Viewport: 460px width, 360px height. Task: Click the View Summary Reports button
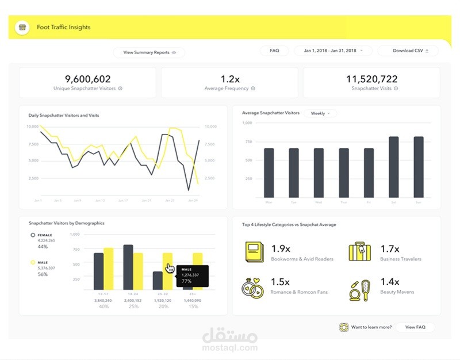[x=149, y=52]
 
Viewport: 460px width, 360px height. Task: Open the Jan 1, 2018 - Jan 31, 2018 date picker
[x=333, y=51]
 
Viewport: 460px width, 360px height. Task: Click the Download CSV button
[x=408, y=51]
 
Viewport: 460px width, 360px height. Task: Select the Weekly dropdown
[x=320, y=113]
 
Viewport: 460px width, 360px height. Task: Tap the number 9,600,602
[x=87, y=79]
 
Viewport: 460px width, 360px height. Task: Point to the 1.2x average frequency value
[x=229, y=79]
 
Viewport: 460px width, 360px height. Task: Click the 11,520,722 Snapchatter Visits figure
[x=371, y=79]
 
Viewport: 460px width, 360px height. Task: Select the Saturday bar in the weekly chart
[x=394, y=166]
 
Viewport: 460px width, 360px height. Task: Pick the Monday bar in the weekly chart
[x=269, y=173]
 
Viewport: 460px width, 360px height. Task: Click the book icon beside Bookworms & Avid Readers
[x=254, y=252]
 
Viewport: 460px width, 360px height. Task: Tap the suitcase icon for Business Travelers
[x=360, y=252]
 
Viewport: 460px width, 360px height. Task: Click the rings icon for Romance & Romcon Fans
[x=254, y=286]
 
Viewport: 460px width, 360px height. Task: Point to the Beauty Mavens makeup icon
[x=360, y=289]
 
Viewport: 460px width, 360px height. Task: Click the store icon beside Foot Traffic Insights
[x=22, y=27]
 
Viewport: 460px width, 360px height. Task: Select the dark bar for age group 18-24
[x=128, y=267]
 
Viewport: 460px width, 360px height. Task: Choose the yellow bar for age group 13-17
[x=109, y=269]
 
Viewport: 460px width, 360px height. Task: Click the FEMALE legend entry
[x=44, y=235]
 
